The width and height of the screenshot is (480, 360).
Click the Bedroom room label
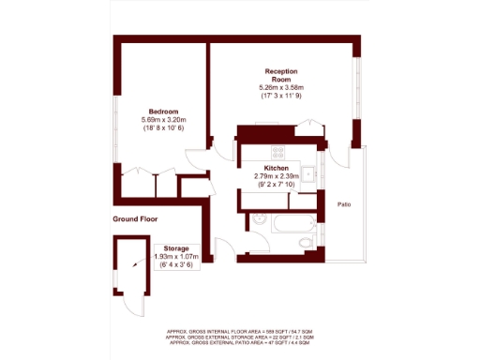pos(163,112)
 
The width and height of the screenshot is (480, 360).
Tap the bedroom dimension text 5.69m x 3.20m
pos(163,120)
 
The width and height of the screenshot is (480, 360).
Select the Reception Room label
pos(281,76)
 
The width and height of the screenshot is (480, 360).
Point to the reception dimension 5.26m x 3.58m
pos(281,88)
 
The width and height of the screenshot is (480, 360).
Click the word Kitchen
pos(277,168)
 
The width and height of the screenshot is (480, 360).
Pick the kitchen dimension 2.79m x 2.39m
pos(277,176)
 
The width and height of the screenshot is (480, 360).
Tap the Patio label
pos(346,204)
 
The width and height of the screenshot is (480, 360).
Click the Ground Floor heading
pos(135,218)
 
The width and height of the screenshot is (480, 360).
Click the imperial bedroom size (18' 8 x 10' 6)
pos(163,128)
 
